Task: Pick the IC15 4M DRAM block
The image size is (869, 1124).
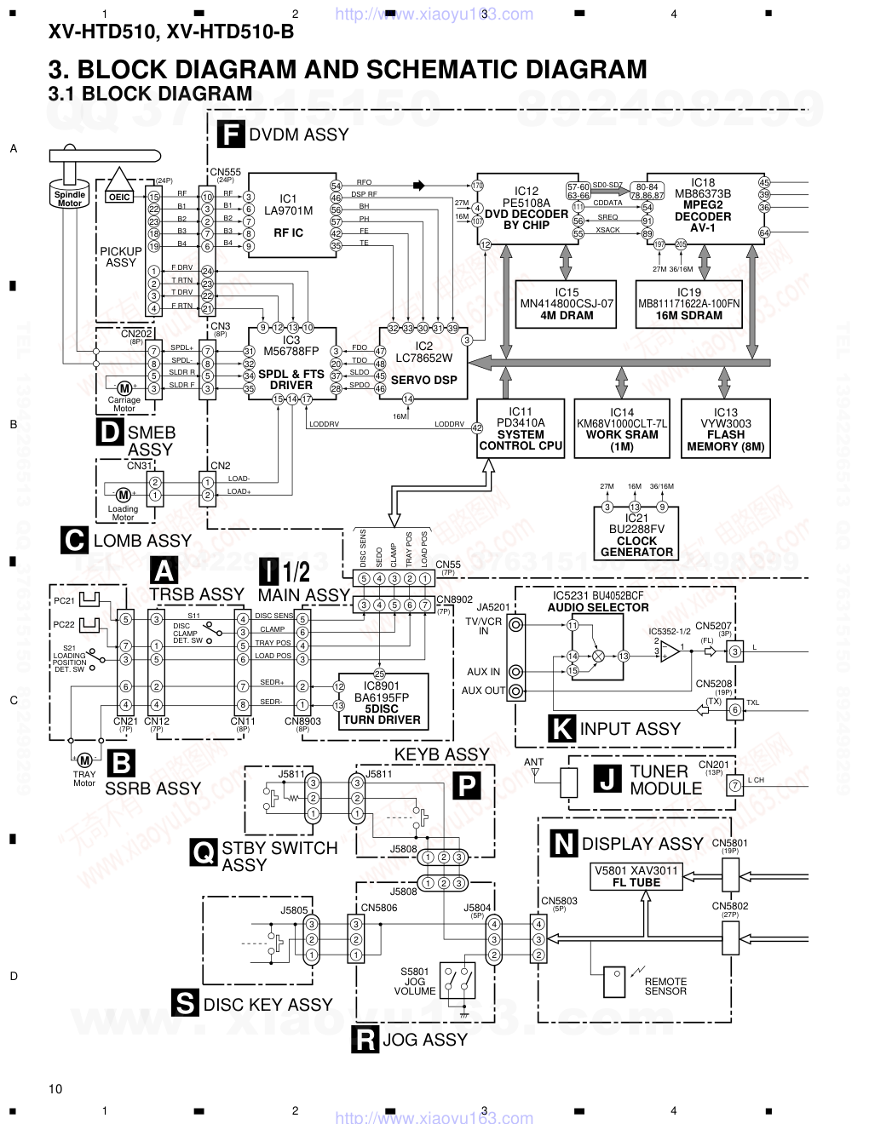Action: tap(567, 304)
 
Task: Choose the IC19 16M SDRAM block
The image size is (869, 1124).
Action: tap(689, 304)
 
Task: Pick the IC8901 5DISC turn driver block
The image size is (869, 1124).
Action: tap(381, 702)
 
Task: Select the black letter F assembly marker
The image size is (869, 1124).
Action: tap(230, 135)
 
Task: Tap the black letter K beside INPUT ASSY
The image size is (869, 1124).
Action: tap(561, 729)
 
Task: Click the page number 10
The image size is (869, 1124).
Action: tap(56, 1088)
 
